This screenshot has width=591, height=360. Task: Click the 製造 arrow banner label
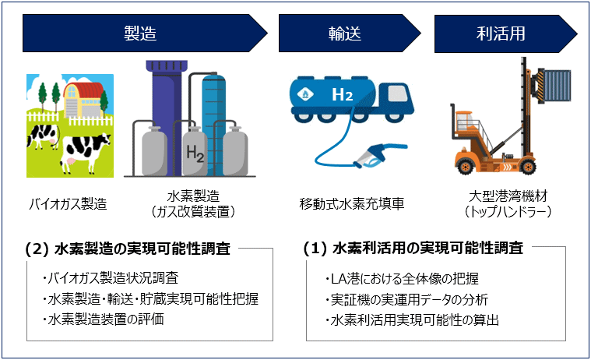(140, 34)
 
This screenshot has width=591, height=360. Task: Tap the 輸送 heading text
(344, 34)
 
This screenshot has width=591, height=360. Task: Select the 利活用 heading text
(501, 34)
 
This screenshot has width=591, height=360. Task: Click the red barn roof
(83, 90)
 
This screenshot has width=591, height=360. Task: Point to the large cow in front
(85, 152)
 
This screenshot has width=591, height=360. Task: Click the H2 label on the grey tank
(195, 154)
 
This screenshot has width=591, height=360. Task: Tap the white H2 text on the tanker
(343, 94)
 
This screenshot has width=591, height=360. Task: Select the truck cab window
(398, 93)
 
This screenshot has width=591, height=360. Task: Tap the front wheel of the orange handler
(528, 167)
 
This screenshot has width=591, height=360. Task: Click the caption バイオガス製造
(69, 204)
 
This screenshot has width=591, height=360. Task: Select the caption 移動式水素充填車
(352, 204)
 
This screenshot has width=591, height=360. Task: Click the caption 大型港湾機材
(508, 196)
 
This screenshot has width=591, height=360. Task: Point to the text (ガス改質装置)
(192, 212)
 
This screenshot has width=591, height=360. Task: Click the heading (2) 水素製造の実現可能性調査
(128, 249)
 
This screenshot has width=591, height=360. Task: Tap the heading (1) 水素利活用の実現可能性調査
(413, 249)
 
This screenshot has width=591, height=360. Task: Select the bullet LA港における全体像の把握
(402, 279)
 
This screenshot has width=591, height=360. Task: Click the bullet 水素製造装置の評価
(103, 319)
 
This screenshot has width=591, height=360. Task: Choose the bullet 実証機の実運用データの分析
(406, 300)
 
